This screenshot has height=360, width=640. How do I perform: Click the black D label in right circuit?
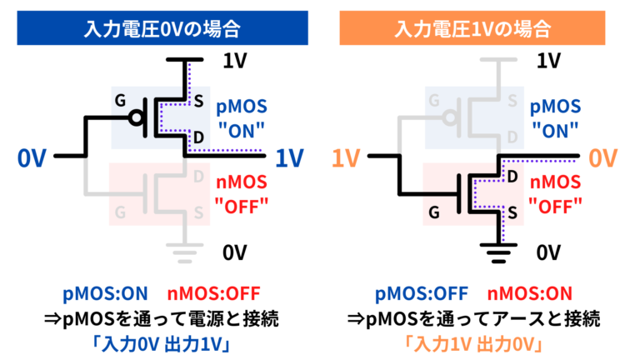512,177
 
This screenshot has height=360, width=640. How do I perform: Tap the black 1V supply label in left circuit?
234,60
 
